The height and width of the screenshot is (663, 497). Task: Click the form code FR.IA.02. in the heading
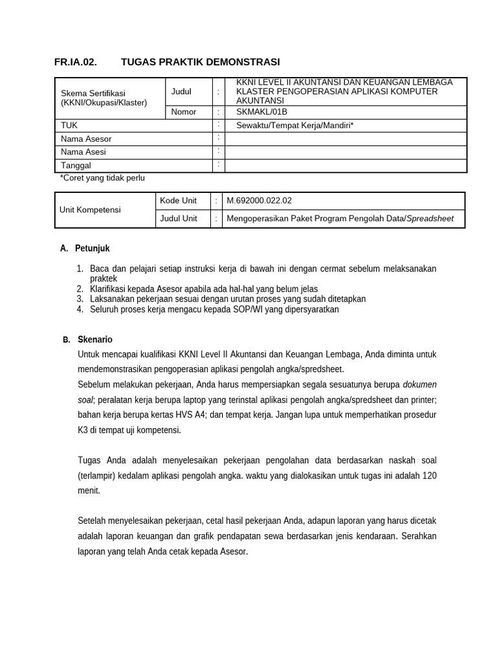(x=75, y=62)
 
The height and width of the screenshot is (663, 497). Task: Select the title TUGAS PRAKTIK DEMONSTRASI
(x=200, y=62)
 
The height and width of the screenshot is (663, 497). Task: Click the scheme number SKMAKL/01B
(x=261, y=111)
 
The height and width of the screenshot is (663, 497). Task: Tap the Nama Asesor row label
(x=86, y=139)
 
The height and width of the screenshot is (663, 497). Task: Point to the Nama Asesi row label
(x=83, y=152)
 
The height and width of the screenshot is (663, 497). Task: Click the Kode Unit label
(x=178, y=201)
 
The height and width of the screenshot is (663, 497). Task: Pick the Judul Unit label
(x=179, y=219)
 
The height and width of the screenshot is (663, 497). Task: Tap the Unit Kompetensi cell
(x=90, y=210)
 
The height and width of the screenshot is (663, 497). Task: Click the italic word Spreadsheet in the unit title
(x=430, y=219)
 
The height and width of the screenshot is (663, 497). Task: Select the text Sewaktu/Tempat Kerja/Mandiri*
(x=294, y=125)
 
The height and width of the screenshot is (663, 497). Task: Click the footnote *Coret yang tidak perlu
(x=102, y=178)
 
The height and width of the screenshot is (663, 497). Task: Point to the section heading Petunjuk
(x=92, y=248)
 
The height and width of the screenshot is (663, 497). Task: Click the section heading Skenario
(x=94, y=339)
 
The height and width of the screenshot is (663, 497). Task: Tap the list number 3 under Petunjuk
(x=80, y=299)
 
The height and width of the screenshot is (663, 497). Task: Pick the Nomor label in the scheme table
(x=183, y=111)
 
